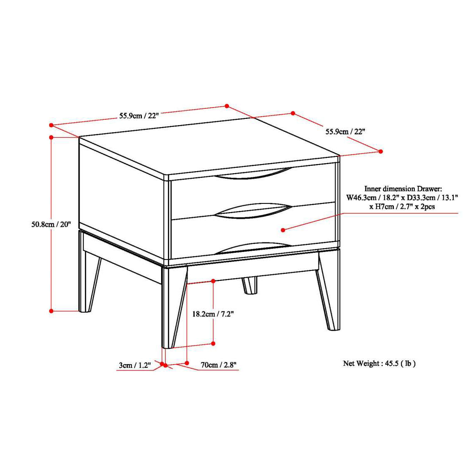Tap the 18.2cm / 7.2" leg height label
click(213, 313)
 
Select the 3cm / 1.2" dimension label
click(134, 365)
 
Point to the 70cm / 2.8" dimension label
click(218, 365)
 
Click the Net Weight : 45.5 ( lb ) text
click(379, 363)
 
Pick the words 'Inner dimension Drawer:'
click(401, 189)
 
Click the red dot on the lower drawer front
click(283, 230)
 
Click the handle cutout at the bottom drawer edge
click(253, 248)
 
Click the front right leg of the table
click(329, 293)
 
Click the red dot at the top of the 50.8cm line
click(51, 137)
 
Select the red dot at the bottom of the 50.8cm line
click(51, 311)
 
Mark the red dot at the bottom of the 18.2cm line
click(213, 343)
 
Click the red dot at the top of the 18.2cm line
click(213, 281)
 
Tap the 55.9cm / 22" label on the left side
click(139, 116)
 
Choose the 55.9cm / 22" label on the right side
click(346, 131)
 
